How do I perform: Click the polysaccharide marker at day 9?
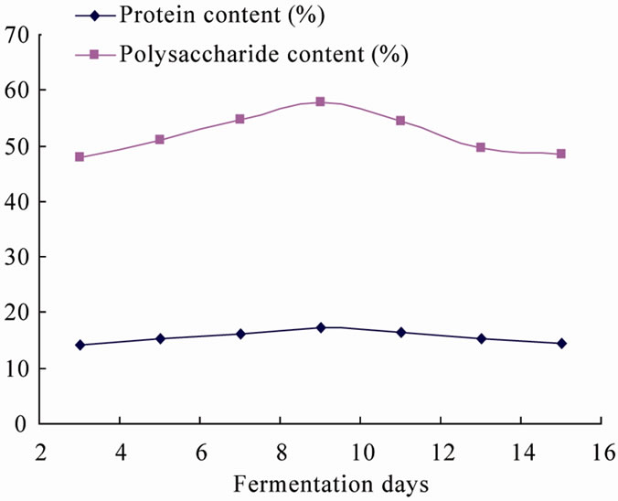320,101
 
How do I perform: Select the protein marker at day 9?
320,327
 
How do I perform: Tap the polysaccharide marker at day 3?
80,157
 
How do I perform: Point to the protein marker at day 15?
561,343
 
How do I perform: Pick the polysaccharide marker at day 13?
481,147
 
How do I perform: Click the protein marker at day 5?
160,338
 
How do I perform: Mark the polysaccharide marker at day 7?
240,119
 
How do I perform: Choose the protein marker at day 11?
400,332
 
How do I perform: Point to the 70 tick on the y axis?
19,36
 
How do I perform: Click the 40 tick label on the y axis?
19,201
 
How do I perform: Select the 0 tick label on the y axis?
26,424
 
